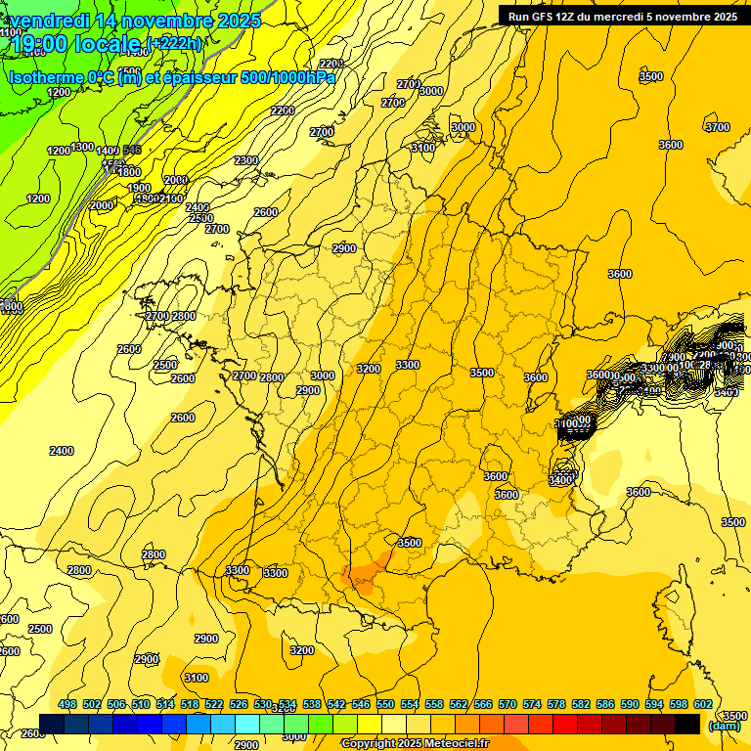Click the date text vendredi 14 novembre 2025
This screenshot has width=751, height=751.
pos(135,21)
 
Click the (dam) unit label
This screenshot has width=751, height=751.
pos(725,726)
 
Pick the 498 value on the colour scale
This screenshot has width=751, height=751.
pos(67,704)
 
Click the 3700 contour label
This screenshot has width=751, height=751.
pos(718,127)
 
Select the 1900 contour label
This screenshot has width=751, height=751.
pos(139,188)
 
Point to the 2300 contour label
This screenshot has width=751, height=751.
pos(246,160)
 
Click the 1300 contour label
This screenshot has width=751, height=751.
pos(83,148)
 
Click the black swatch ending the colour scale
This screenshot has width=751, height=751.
pos(687,724)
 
